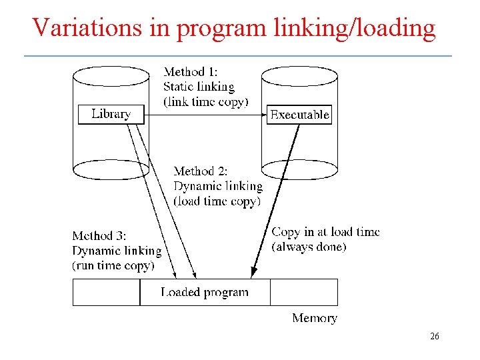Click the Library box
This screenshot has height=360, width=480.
coord(111,114)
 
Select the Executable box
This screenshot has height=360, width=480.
coord(299,115)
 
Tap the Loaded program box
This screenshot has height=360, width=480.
coord(205,292)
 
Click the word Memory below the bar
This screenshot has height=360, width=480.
coord(315,318)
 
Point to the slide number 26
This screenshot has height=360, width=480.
coord(434,337)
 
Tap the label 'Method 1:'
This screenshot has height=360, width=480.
coord(190,72)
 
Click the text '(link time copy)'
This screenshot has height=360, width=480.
coord(205,102)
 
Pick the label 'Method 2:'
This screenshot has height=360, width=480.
coord(200,171)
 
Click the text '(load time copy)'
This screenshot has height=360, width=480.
coord(217,201)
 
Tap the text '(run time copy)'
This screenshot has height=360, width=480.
coord(113,265)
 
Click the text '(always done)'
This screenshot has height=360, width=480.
coord(309,247)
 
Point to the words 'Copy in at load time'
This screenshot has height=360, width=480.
coord(325,232)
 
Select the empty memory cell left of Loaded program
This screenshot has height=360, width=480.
coord(106,292)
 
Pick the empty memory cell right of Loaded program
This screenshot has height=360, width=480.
coord(303,292)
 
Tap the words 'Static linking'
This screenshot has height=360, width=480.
coord(199,87)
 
